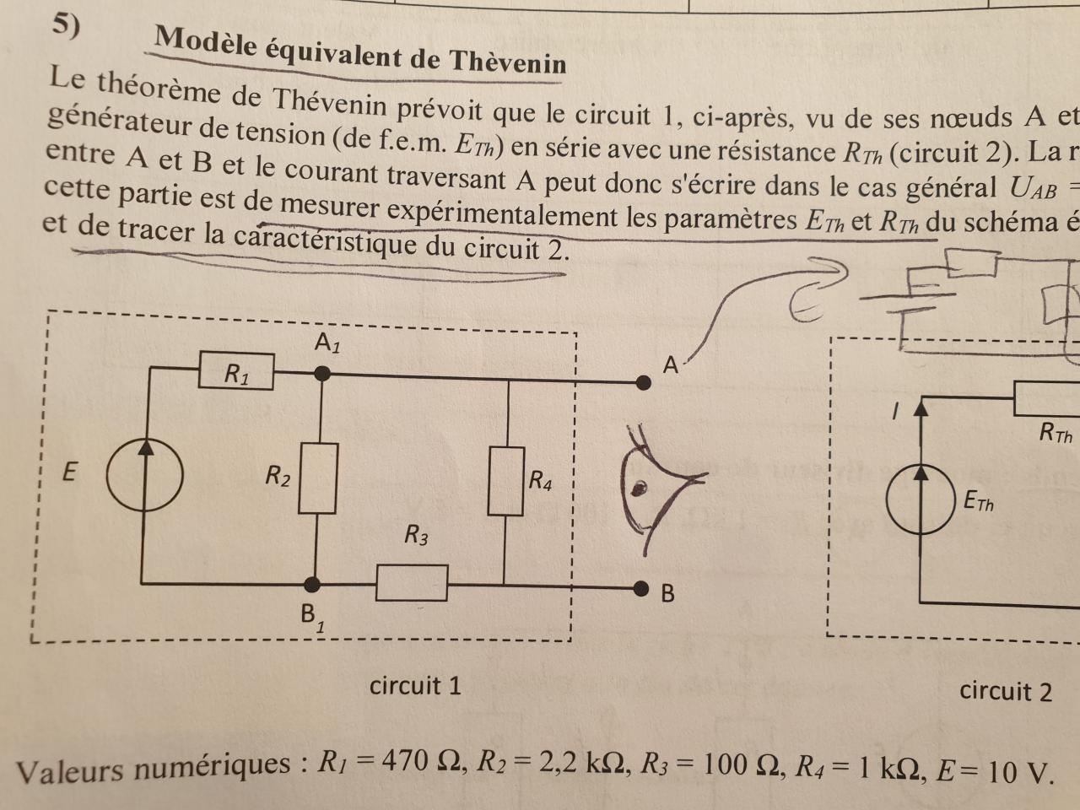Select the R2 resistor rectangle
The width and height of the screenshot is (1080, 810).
318,478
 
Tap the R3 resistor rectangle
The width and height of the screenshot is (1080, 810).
412,583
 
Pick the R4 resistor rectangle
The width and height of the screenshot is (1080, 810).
505,481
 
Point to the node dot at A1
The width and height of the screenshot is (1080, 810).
320,373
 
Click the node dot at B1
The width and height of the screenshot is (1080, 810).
313,584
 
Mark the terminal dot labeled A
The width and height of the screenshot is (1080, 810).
644,382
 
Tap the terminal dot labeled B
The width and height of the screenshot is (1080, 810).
642,587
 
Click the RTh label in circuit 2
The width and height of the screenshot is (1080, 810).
1056,434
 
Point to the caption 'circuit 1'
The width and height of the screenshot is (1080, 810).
415,685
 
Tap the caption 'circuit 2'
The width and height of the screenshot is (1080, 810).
1005,692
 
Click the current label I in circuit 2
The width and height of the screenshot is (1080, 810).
895,412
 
